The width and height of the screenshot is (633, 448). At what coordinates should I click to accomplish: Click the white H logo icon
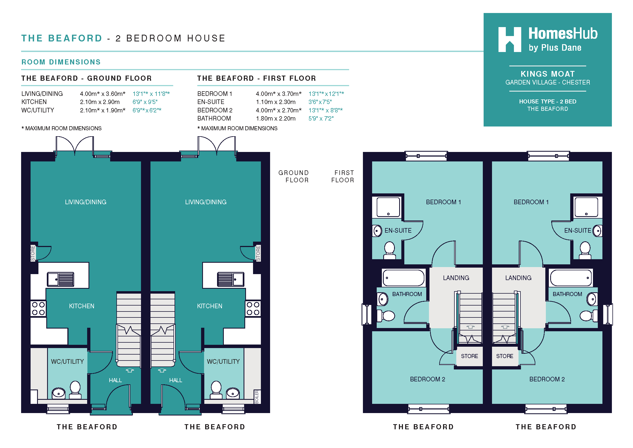[510, 40]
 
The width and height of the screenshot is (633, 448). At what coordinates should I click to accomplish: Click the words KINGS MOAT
[547, 74]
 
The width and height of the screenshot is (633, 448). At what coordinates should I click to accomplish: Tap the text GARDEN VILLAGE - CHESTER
[547, 83]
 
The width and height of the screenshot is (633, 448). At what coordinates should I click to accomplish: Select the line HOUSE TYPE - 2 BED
[547, 102]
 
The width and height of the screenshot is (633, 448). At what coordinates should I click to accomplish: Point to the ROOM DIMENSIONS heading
[61, 62]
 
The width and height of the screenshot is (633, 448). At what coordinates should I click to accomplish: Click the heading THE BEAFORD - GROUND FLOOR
[87, 78]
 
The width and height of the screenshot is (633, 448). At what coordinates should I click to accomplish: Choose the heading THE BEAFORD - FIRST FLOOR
[257, 78]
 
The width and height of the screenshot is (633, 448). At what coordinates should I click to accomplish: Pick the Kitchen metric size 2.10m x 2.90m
[100, 102]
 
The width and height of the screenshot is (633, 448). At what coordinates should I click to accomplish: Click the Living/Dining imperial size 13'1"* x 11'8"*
[151, 94]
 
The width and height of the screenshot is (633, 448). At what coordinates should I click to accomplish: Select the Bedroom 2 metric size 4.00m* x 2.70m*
[279, 110]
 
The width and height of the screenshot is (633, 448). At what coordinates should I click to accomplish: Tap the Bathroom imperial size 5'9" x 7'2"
[321, 119]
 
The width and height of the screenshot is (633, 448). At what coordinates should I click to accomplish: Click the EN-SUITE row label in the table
[211, 102]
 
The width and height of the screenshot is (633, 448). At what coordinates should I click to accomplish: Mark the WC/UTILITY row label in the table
[38, 110]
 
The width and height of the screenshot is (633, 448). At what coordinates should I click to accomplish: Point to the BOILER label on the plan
[257, 397]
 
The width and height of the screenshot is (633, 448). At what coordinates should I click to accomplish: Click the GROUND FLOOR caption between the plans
[294, 177]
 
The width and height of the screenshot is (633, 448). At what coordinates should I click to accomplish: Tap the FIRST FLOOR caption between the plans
[343, 177]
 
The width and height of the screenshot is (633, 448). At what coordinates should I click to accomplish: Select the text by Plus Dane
[555, 48]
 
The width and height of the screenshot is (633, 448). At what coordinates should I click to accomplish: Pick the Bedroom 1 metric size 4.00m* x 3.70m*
[279, 94]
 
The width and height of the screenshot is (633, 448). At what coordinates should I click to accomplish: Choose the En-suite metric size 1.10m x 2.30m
[276, 102]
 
